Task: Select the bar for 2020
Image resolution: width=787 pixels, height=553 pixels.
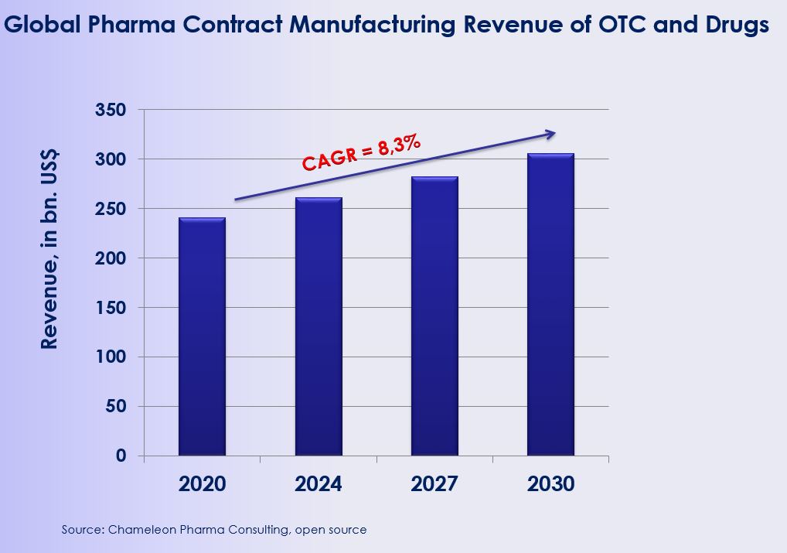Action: (202, 336)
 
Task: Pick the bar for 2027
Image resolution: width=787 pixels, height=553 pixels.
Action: (434, 316)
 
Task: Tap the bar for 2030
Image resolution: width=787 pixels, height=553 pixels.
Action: (550, 305)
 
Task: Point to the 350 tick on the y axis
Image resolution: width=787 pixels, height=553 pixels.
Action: (110, 110)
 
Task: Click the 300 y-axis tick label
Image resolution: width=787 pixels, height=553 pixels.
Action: (110, 159)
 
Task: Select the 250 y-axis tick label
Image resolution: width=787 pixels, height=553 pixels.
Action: (110, 209)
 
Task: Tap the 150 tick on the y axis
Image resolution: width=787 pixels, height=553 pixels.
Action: (110, 308)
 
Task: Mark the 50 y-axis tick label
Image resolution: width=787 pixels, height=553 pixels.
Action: (115, 407)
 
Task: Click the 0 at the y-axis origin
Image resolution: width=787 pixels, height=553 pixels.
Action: (121, 456)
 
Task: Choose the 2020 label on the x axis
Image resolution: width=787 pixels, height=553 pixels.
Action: (202, 484)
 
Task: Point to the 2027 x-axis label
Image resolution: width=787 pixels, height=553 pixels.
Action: (434, 484)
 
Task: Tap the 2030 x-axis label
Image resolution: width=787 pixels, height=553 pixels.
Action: (550, 484)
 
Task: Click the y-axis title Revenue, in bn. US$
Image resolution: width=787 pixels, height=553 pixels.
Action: (49, 250)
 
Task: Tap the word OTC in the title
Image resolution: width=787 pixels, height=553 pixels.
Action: (609, 24)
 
